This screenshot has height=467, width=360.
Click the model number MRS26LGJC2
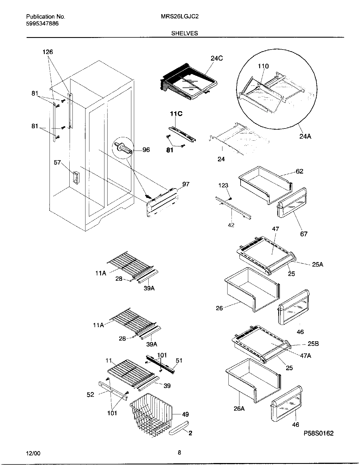(179, 16)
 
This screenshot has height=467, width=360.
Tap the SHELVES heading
(184, 33)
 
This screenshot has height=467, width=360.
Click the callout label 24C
(217, 58)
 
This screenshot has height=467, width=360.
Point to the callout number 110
(263, 66)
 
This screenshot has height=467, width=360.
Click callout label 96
(146, 150)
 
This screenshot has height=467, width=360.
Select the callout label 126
(48, 52)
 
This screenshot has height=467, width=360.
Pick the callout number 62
(299, 171)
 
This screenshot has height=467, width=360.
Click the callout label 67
(304, 234)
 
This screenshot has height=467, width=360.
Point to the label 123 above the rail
(223, 185)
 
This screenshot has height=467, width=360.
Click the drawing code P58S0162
(319, 433)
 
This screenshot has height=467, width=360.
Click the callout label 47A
(305, 356)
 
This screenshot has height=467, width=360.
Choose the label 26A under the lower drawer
(239, 408)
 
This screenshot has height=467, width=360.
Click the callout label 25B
(313, 344)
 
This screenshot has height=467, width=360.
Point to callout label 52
(90, 394)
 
